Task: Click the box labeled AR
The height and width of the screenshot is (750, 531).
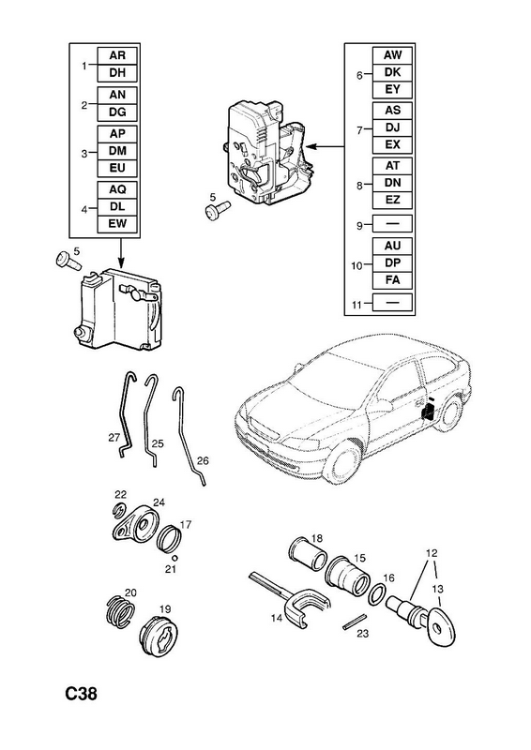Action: (117, 55)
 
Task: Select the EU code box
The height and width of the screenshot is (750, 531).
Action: (117, 168)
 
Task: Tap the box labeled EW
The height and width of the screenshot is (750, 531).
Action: (117, 224)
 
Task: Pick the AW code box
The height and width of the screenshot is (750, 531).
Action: (392, 55)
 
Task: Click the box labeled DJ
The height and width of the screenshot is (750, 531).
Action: (392, 127)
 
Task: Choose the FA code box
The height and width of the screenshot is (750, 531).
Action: (392, 279)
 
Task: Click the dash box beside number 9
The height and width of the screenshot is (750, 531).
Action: (392, 223)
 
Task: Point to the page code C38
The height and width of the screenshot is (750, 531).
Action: (81, 693)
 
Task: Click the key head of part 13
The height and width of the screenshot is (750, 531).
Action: (441, 625)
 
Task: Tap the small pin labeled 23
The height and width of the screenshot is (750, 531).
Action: (355, 621)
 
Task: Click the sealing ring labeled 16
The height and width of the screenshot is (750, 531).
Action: (378, 594)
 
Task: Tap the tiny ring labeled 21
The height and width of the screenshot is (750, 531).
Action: (175, 557)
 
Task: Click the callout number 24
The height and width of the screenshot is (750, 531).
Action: (159, 502)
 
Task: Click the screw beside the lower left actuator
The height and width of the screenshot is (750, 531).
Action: (69, 262)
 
